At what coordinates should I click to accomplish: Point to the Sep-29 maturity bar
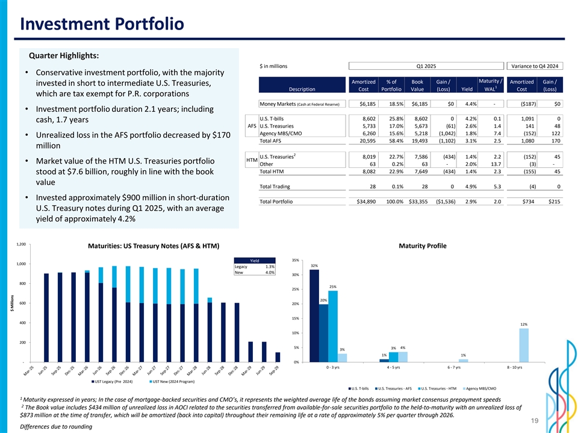pos(278,357)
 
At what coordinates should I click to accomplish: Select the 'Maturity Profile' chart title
pos(423,246)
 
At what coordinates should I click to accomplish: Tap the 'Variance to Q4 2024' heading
pos(535,66)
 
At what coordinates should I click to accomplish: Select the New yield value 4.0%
pos(269,272)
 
